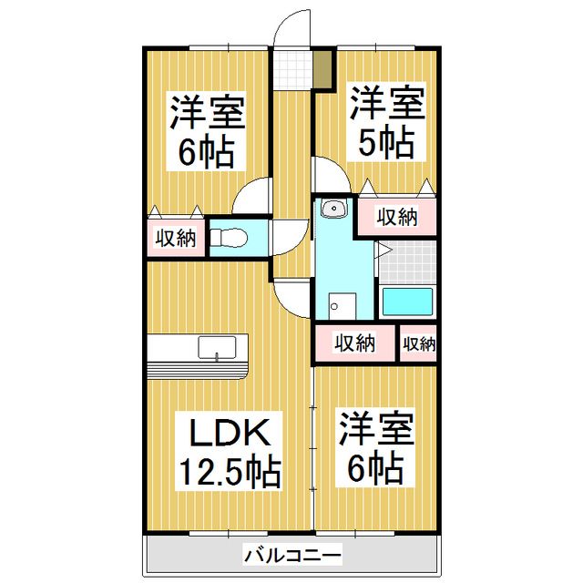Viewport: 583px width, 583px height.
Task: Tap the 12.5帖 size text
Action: click(x=229, y=472)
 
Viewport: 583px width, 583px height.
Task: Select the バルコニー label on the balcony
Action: click(x=292, y=554)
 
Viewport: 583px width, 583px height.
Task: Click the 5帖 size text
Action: click(x=386, y=142)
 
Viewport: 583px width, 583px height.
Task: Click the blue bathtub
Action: click(x=405, y=302)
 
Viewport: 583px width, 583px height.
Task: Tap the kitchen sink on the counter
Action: click(x=217, y=348)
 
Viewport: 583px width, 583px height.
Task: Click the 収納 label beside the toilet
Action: click(x=174, y=239)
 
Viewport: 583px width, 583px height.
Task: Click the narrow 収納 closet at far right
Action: click(x=418, y=343)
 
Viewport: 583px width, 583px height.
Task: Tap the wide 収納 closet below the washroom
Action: click(x=354, y=343)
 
